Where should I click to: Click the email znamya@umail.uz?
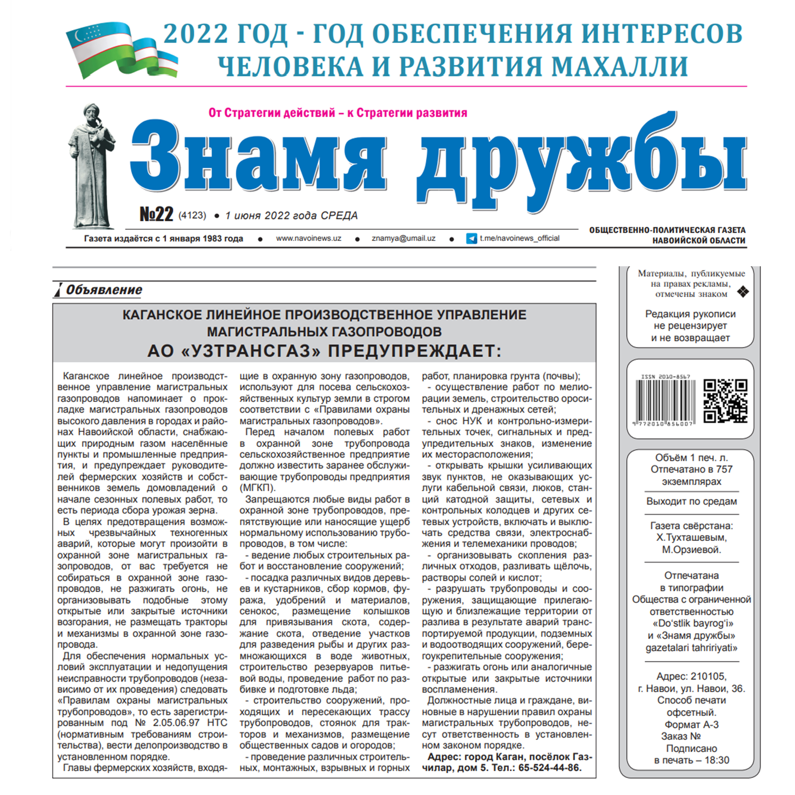click(x=403, y=238)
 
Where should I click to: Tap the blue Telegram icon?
click(x=472, y=238)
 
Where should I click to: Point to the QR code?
click(x=725, y=401)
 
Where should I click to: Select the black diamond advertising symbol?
click(x=743, y=292)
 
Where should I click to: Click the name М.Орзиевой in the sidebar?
click(x=691, y=549)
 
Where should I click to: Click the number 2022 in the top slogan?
click(x=195, y=34)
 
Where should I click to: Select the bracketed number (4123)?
click(x=192, y=215)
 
